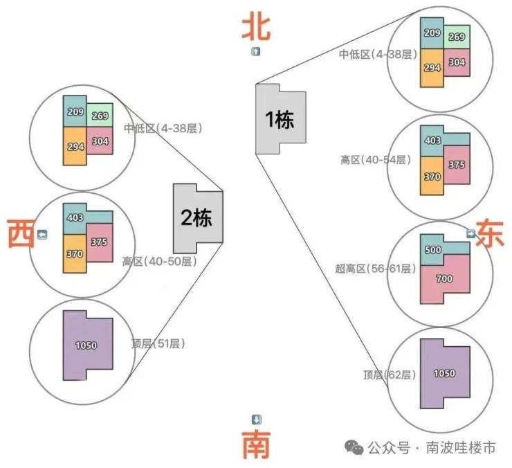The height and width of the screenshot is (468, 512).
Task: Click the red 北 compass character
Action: click(x=256, y=26)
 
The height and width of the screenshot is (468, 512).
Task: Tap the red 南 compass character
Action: click(x=257, y=444)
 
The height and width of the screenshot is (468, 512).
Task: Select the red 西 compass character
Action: click(x=21, y=233)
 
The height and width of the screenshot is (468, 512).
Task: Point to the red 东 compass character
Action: click(x=490, y=233)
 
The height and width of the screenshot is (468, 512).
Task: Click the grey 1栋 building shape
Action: click(x=280, y=118)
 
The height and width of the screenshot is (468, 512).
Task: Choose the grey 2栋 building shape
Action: click(x=198, y=218)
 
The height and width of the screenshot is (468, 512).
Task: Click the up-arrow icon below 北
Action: click(x=256, y=51)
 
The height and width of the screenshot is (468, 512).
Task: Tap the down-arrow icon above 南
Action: click(x=256, y=420)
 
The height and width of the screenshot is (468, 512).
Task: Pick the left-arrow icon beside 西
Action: click(x=42, y=234)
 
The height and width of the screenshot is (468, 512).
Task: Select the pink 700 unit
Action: click(x=445, y=279)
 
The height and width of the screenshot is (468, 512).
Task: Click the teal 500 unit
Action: click(x=437, y=249)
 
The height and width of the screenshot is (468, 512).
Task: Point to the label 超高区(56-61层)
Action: click(x=376, y=269)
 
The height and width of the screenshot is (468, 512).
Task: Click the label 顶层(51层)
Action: click(x=158, y=343)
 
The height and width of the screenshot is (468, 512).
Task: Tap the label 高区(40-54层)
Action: click(x=376, y=160)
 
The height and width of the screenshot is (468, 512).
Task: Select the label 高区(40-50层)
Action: click(x=160, y=262)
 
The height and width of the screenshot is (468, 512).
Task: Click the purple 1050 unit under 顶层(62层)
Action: click(x=445, y=374)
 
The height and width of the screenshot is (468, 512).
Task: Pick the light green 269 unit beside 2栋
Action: click(x=100, y=116)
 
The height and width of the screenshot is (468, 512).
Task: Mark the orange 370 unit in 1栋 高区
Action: click(x=432, y=176)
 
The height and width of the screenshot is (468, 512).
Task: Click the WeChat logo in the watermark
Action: click(x=354, y=447)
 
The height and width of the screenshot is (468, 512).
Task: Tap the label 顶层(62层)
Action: click(x=390, y=375)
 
